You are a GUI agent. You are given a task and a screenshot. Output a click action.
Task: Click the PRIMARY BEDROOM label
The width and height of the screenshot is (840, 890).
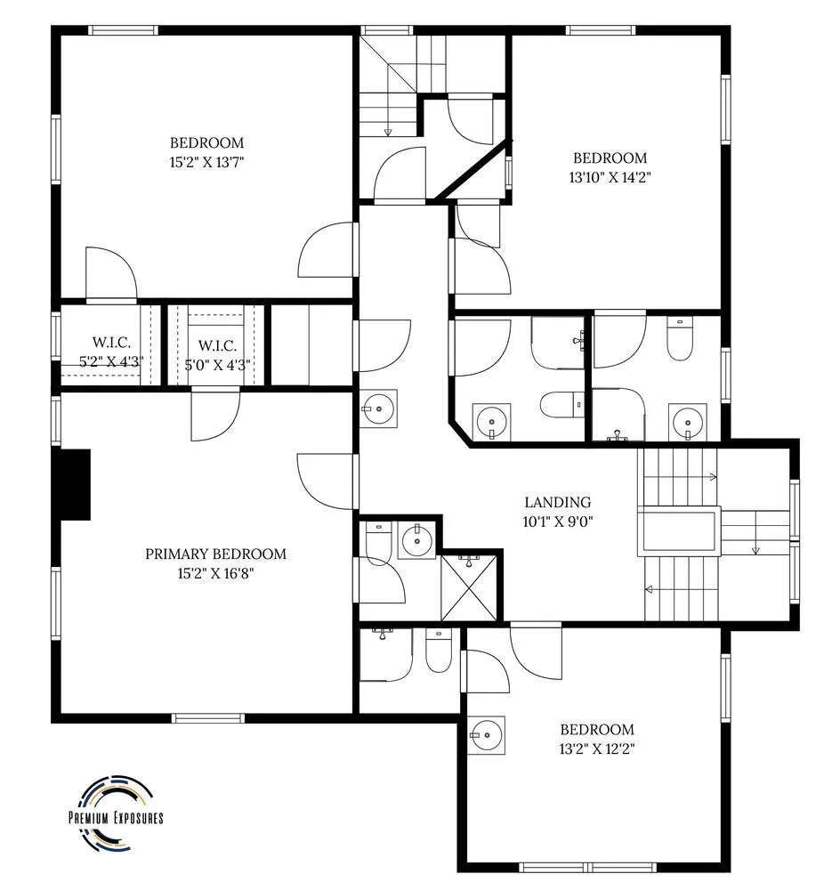(215, 554)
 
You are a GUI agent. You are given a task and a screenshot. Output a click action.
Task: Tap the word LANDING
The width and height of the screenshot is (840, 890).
(557, 502)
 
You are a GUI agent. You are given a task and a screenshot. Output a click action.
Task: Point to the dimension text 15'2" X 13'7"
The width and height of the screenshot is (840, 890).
(206, 162)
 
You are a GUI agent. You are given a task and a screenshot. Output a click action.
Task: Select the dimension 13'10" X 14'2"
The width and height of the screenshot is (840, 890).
(610, 177)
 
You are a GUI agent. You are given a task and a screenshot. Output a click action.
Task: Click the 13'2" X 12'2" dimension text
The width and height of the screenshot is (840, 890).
(596, 748)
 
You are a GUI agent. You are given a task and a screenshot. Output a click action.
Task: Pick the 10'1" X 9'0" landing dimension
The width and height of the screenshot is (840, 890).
(557, 522)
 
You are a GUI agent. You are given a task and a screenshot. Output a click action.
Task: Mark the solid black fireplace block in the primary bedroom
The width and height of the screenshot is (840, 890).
(73, 484)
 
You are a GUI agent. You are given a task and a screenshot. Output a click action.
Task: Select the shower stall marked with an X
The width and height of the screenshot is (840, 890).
(469, 587)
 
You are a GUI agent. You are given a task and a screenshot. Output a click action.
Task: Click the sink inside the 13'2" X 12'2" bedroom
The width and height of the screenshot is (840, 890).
(487, 735)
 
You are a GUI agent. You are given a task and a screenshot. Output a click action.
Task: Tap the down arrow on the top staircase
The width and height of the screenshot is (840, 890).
(388, 133)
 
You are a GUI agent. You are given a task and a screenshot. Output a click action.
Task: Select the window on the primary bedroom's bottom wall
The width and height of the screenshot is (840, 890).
(208, 718)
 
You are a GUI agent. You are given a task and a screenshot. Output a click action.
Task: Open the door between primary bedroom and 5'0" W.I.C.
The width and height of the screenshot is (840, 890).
(215, 414)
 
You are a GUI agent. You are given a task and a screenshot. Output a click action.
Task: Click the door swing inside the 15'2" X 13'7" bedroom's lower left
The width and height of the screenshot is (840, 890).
(110, 273)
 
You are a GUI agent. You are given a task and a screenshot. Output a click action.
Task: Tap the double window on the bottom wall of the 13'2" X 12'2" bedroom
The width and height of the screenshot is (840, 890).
(588, 867)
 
